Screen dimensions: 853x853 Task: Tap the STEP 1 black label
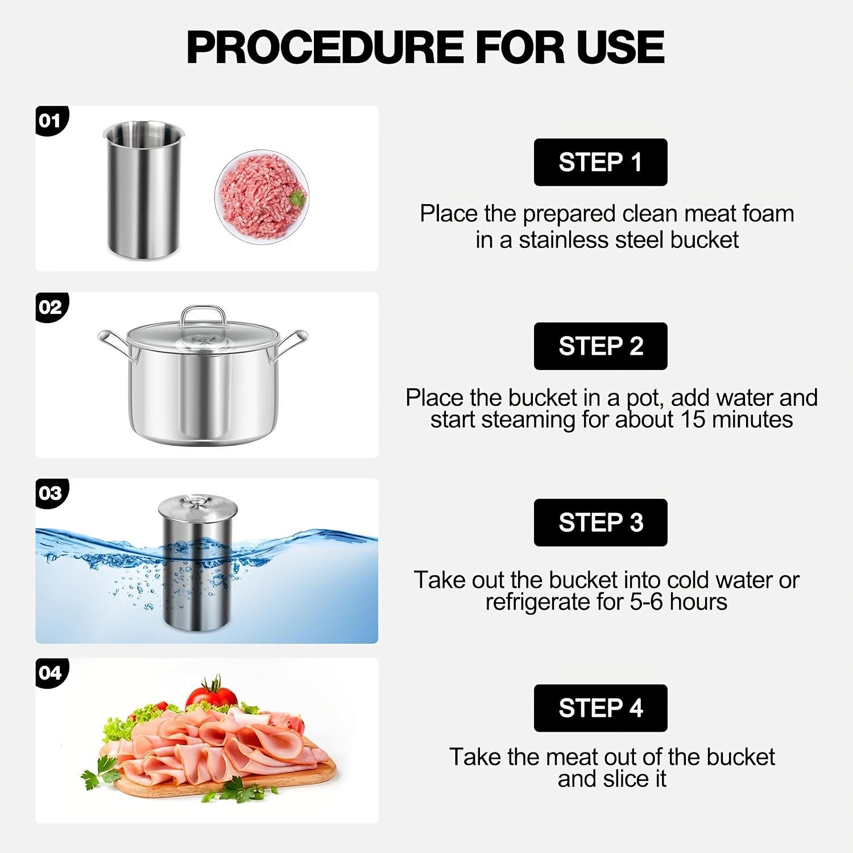[x=600, y=162]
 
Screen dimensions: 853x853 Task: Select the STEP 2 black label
[x=600, y=346]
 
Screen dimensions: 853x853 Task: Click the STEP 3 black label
[x=600, y=522]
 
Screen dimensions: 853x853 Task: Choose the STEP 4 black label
[x=600, y=708]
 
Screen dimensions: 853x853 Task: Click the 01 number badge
[x=50, y=121]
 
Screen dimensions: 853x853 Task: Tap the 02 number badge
[x=50, y=307]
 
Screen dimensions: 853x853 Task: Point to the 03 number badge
[x=50, y=492]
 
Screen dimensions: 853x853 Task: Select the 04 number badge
[x=50, y=673]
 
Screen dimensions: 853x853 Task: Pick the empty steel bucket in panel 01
[x=143, y=191]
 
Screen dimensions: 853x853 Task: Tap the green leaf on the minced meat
[x=297, y=198]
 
